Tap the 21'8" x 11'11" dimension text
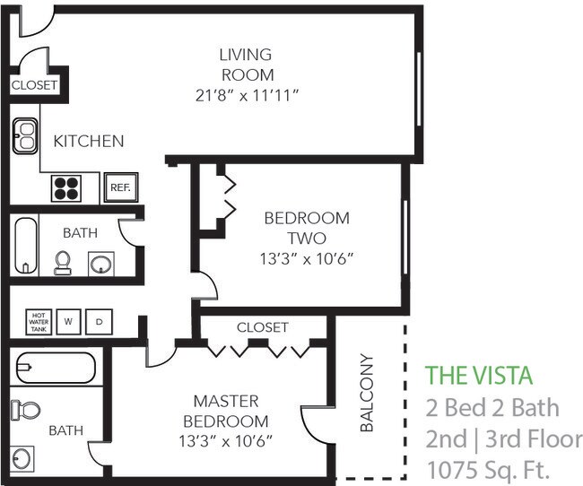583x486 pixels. point(245,95)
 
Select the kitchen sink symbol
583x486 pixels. point(24,136)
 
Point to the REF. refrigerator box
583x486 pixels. point(119,187)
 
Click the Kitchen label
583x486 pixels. point(88,141)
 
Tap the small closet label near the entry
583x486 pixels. point(34,86)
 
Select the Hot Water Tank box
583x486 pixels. point(39,320)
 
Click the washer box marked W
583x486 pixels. point(68,320)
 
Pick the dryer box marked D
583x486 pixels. point(99,320)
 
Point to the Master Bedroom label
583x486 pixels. point(225,410)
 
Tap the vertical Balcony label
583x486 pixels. point(366,395)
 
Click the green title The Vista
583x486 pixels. point(478,375)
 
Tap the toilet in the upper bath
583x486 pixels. point(63,262)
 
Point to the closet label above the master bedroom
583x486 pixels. point(262,327)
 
